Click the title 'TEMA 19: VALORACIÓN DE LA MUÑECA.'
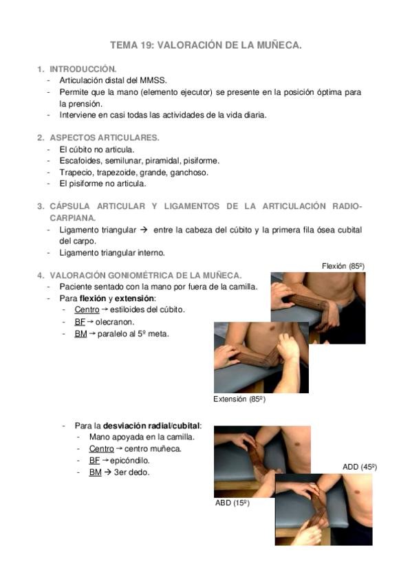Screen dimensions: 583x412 coord(206,45)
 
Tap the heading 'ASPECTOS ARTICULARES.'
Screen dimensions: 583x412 coord(104,137)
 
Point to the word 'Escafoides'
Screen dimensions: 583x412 coord(80,160)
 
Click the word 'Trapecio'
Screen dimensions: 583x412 coord(75,172)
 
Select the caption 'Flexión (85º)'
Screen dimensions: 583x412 coord(343,265)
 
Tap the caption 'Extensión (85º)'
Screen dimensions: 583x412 coord(239,399)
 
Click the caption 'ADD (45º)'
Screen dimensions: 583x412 coord(359,467)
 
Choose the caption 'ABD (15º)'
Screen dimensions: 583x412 coord(232,503)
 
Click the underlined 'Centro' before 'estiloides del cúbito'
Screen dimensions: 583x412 coord(87,309)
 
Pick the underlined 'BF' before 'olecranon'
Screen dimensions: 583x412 coord(80,321)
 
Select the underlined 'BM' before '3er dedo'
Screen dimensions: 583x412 coord(95,472)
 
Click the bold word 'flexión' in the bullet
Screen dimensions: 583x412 coord(93,298)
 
